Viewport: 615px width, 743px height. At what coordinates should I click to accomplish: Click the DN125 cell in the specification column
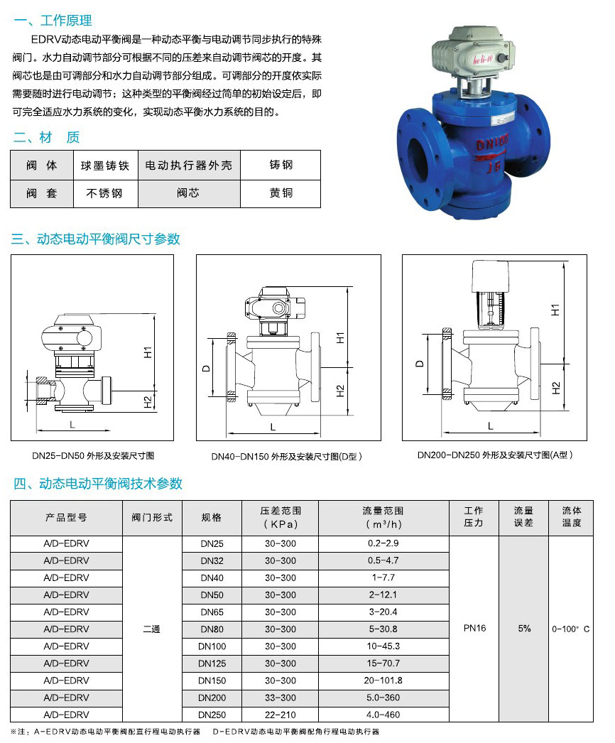point(212,663)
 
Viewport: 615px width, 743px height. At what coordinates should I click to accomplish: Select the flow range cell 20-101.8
point(383,680)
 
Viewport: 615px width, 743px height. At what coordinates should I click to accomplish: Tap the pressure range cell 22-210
point(280,715)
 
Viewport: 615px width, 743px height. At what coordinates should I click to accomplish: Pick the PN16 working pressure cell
point(475,629)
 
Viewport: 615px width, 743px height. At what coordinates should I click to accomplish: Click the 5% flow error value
point(524,629)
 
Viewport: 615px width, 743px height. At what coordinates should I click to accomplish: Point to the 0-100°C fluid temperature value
point(571,629)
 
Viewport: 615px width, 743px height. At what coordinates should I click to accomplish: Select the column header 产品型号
point(66,517)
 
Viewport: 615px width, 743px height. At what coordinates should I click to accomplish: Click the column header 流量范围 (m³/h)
point(383,517)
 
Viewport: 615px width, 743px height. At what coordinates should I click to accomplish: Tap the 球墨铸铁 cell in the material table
point(105,166)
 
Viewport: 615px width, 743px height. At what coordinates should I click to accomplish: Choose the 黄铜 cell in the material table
point(281,193)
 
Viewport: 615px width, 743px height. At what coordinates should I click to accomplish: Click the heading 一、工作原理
point(53,21)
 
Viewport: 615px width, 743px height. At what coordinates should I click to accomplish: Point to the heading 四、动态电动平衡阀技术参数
point(97,484)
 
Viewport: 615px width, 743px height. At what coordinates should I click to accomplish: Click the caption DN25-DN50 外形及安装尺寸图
point(93,456)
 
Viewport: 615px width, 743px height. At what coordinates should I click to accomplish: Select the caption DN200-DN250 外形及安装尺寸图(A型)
point(495,455)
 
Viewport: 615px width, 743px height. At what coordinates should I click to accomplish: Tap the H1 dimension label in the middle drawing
point(340,338)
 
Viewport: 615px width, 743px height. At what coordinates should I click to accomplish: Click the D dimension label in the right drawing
point(419,364)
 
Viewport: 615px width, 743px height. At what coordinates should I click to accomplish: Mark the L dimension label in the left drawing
point(72,425)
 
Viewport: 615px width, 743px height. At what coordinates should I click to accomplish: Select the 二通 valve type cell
point(151,629)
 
